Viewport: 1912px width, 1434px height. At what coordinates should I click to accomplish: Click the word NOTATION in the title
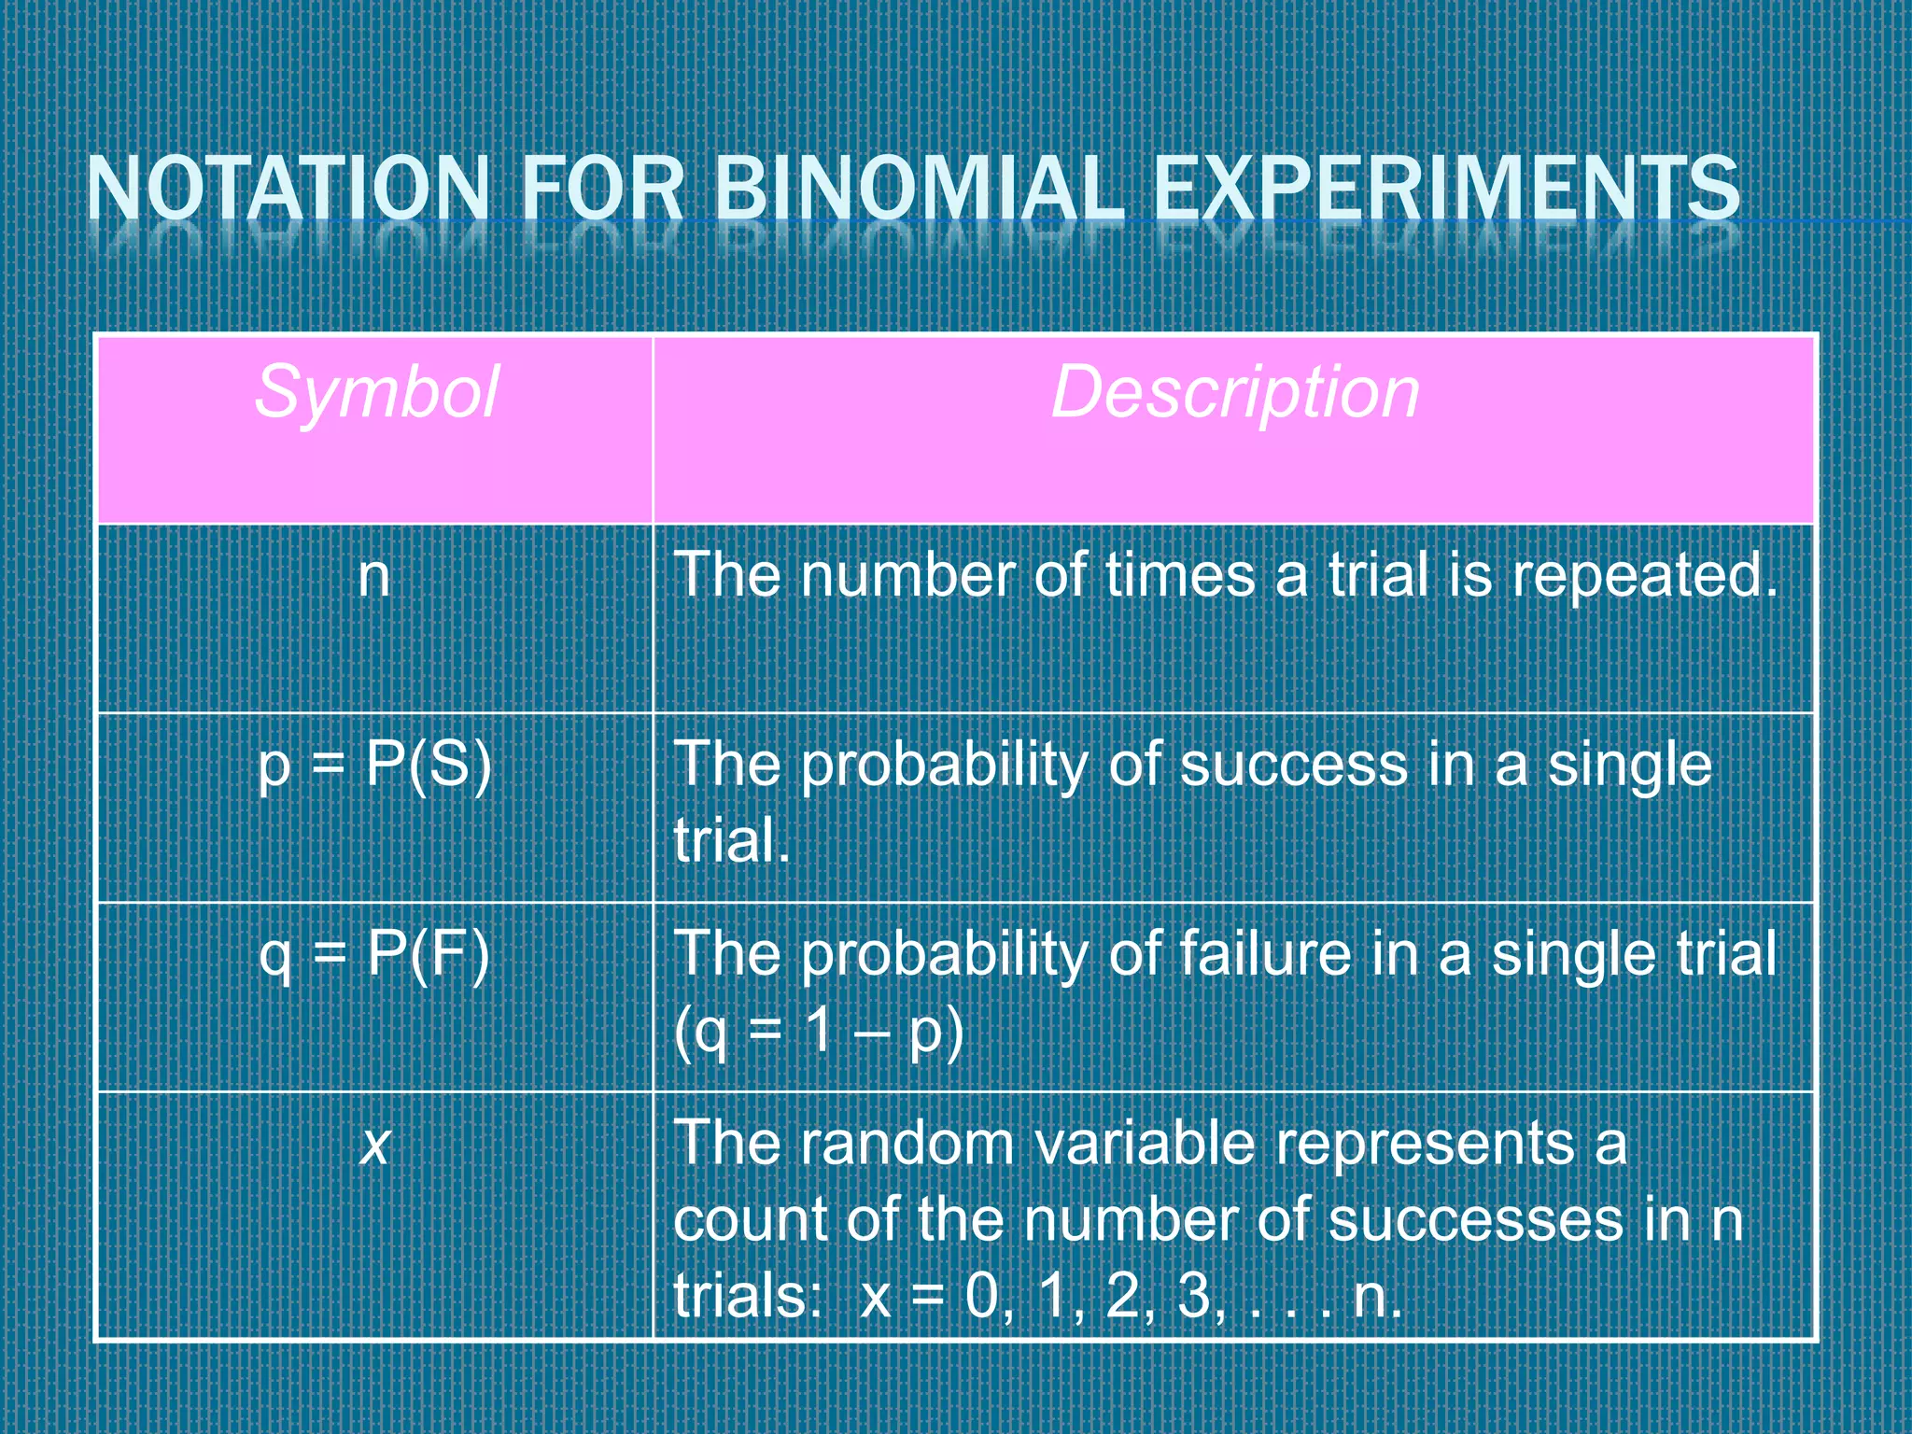click(288, 189)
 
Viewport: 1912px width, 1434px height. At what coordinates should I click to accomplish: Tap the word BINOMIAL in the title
click(919, 189)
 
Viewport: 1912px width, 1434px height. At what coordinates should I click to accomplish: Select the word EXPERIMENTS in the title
click(1446, 189)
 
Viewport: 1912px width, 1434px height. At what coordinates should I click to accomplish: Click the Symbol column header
click(375, 392)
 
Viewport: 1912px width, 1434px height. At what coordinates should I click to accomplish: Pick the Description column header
click(1234, 392)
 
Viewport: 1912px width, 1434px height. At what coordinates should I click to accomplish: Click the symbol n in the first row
click(373, 576)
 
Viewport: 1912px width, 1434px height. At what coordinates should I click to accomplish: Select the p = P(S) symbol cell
click(374, 766)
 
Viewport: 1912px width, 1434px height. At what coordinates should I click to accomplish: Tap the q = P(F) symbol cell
click(374, 955)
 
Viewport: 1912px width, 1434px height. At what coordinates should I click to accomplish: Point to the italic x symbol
click(374, 1145)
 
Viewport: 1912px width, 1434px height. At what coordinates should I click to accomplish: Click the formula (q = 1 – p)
click(818, 1033)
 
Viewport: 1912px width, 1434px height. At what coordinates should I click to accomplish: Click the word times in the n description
click(1180, 576)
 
